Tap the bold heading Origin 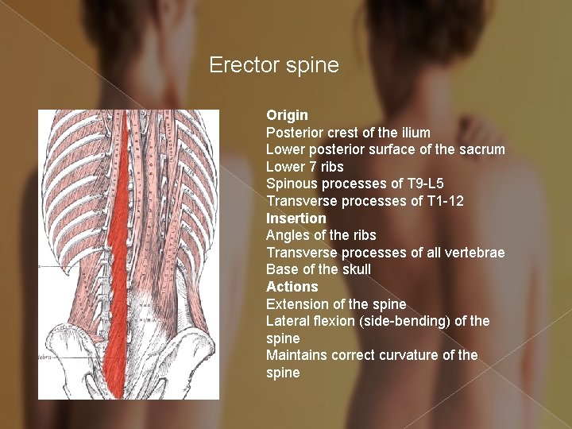point(287,115)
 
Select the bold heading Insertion point(296,218)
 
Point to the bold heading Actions point(292,287)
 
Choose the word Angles point(288,235)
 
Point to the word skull point(354,269)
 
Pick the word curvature point(422,355)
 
